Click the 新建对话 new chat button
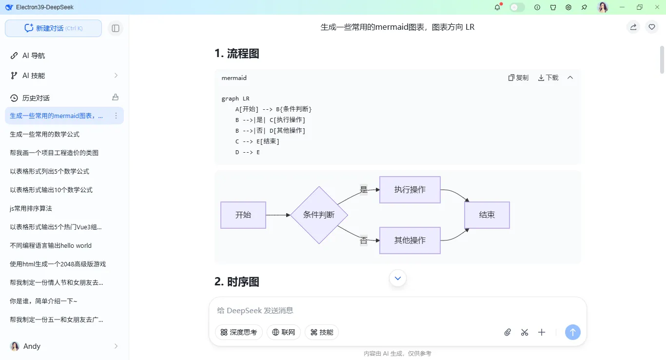point(53,28)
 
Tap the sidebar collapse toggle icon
point(116,28)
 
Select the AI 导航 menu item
point(34,56)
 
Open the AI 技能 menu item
point(34,76)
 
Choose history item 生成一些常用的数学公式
point(44,134)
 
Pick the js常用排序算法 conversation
point(31,208)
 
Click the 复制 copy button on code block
point(518,78)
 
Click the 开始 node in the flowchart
point(243,215)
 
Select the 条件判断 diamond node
point(319,215)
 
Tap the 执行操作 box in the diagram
point(410,190)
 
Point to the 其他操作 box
point(410,240)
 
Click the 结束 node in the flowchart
point(487,215)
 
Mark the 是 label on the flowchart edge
point(363,190)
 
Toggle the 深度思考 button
point(239,332)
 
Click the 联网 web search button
point(284,332)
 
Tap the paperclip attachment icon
point(508,332)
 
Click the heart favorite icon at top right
point(652,27)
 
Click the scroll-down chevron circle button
point(398,278)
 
